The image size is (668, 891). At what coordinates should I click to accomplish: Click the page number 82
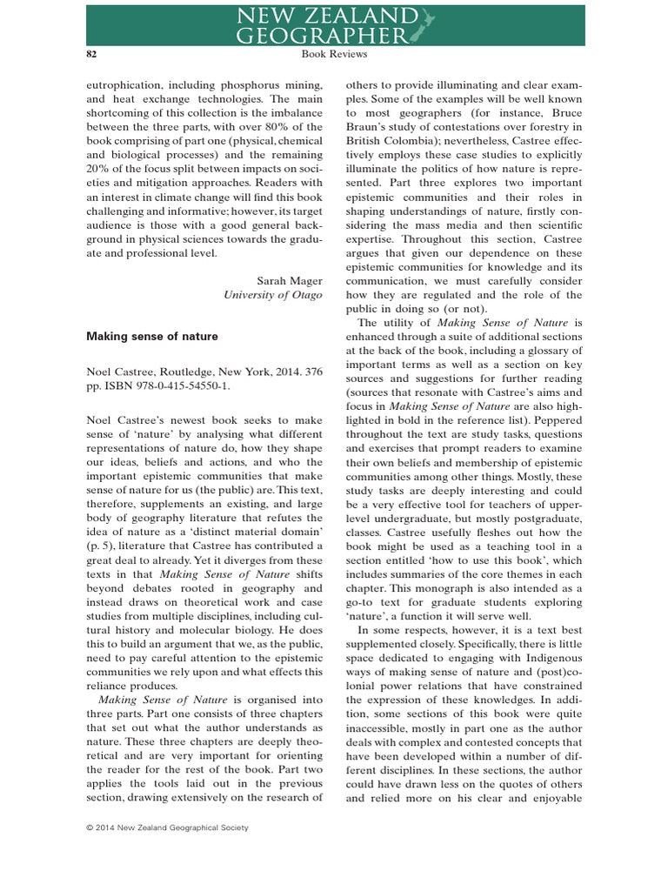90,54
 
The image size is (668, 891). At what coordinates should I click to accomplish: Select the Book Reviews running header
334,54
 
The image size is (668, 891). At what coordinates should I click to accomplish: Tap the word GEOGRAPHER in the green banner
323,35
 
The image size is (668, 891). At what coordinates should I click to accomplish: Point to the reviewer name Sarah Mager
290,280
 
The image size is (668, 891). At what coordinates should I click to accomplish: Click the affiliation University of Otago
273,295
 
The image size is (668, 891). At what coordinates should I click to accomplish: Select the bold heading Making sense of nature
152,336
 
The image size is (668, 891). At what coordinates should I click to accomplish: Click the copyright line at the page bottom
167,827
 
